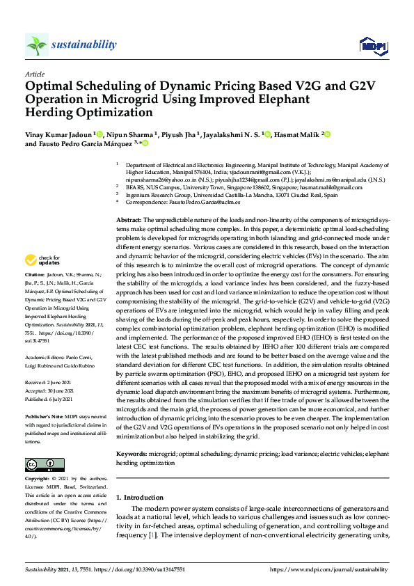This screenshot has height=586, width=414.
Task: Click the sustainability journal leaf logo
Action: pos(36,45)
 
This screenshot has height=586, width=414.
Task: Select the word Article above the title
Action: pos(35,74)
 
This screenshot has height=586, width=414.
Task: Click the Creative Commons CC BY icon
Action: pos(45,464)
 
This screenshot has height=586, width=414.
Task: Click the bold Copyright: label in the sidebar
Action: pos(37,480)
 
